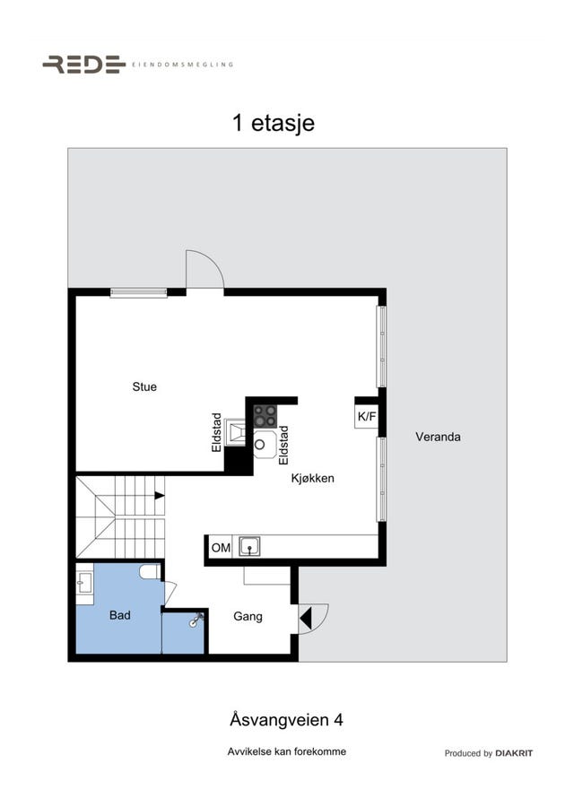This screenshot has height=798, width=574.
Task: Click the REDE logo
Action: point(84,65)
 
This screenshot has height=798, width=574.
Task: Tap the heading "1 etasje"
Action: point(274,123)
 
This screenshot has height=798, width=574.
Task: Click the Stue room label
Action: point(144,386)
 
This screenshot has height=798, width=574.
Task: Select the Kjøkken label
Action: point(312,479)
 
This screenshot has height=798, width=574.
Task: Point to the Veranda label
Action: point(439,437)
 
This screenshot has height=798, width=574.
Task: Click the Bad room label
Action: point(119,615)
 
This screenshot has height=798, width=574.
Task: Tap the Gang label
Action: point(248,616)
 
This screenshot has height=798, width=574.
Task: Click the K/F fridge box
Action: point(367,416)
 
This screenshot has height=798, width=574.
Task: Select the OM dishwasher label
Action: point(221,548)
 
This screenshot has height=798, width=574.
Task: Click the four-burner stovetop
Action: point(265,416)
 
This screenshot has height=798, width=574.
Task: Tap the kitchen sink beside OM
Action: point(249,547)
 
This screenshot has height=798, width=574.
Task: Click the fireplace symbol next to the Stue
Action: point(235,432)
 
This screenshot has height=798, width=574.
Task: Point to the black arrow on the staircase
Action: point(160,495)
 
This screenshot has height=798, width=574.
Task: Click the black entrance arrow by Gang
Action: point(305,619)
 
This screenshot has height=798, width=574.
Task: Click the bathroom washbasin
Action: point(84,583)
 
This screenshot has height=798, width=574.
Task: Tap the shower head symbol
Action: point(196,620)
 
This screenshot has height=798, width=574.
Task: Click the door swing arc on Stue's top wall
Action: point(213,262)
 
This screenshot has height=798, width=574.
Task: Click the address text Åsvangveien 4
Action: point(286,720)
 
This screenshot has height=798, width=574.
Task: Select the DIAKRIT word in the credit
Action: point(514,753)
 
